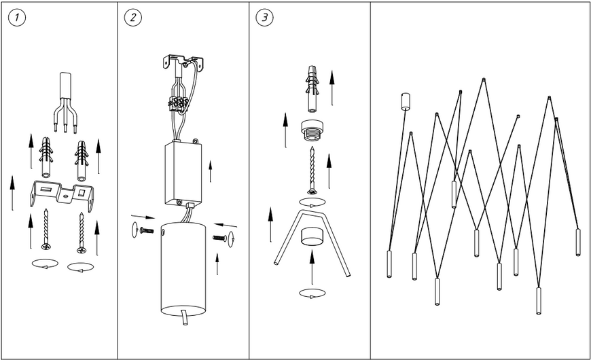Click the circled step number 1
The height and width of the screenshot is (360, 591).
[17, 18]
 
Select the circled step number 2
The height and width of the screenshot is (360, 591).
[133, 18]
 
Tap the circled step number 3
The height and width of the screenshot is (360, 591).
[265, 18]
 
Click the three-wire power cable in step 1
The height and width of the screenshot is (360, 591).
[66, 102]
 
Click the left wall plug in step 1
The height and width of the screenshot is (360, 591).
[46, 158]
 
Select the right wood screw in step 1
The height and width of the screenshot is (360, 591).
[81, 233]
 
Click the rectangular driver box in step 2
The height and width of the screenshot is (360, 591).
[183, 173]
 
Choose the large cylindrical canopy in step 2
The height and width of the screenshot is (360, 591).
[183, 268]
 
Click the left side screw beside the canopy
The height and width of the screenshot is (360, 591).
[146, 230]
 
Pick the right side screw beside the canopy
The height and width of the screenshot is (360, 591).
[219, 238]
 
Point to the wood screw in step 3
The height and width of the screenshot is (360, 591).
[312, 170]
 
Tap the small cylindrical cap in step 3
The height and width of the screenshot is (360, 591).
[312, 237]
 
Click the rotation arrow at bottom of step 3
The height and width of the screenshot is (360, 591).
[312, 293]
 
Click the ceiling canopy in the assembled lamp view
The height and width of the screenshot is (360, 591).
[405, 101]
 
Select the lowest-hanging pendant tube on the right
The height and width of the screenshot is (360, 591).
[539, 300]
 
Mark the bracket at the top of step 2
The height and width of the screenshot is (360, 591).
[183, 63]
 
